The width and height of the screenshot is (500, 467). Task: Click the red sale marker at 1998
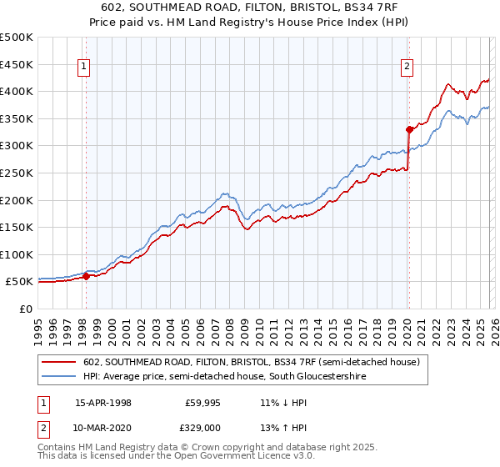86,276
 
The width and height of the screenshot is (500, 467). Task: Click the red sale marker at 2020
409,129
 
